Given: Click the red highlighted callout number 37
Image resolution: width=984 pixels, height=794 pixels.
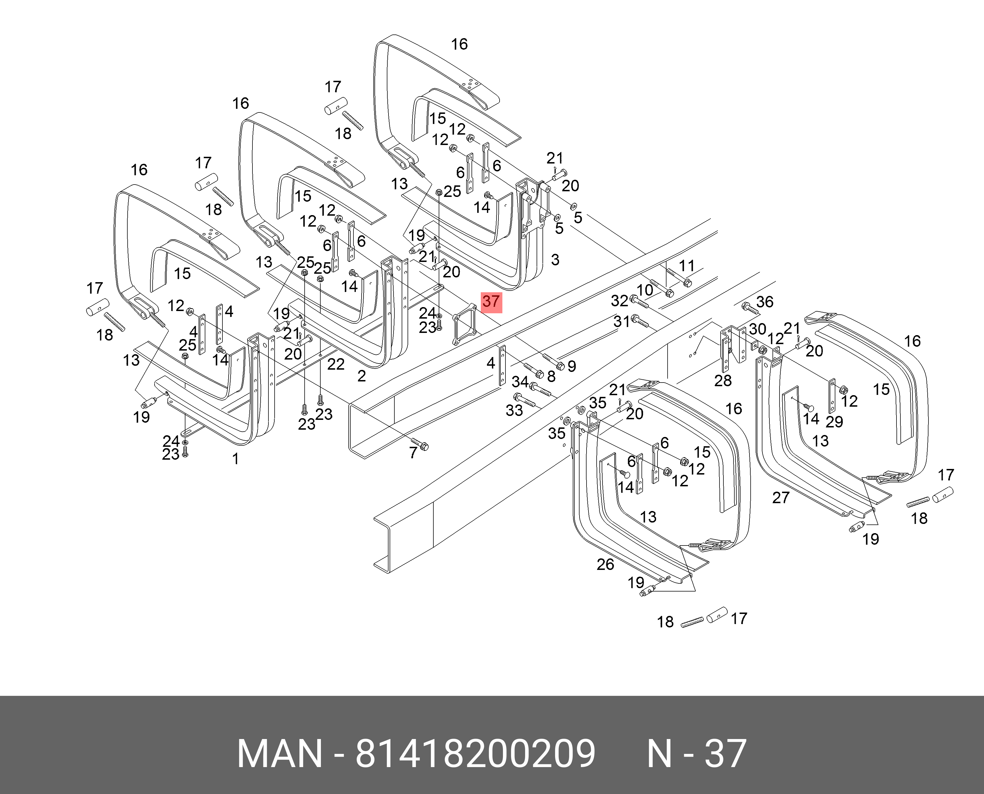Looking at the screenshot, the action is [491, 302].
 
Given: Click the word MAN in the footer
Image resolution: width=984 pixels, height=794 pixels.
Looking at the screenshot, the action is [279, 753].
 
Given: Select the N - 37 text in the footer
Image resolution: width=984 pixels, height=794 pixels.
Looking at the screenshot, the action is [696, 753].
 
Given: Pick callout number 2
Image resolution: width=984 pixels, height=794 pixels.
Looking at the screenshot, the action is [361, 376].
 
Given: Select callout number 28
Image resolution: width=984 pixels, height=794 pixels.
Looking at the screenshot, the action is [723, 381].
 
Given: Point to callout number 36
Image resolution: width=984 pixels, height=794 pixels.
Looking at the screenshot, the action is [764, 302].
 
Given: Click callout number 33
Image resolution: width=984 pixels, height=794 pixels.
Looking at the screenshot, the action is [514, 410].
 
